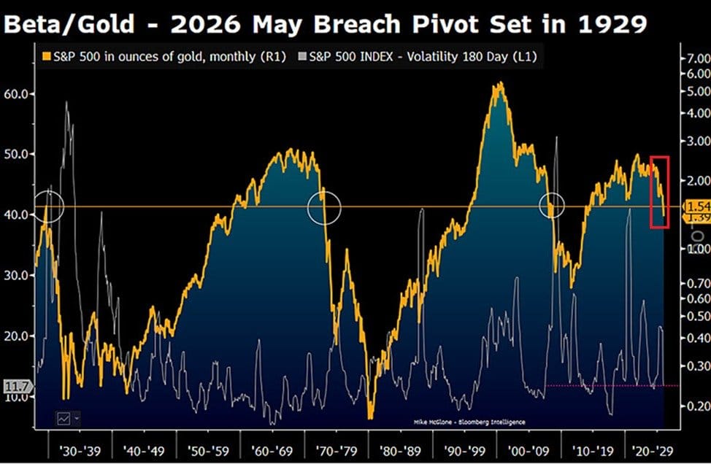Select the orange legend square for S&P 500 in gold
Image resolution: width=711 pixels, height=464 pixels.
point(47,57)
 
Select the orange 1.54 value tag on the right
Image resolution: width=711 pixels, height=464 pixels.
point(697,207)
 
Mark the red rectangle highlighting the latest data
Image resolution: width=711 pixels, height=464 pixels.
point(659,192)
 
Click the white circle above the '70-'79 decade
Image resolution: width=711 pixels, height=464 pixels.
point(324,207)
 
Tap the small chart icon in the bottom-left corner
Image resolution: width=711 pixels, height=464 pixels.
point(64,418)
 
